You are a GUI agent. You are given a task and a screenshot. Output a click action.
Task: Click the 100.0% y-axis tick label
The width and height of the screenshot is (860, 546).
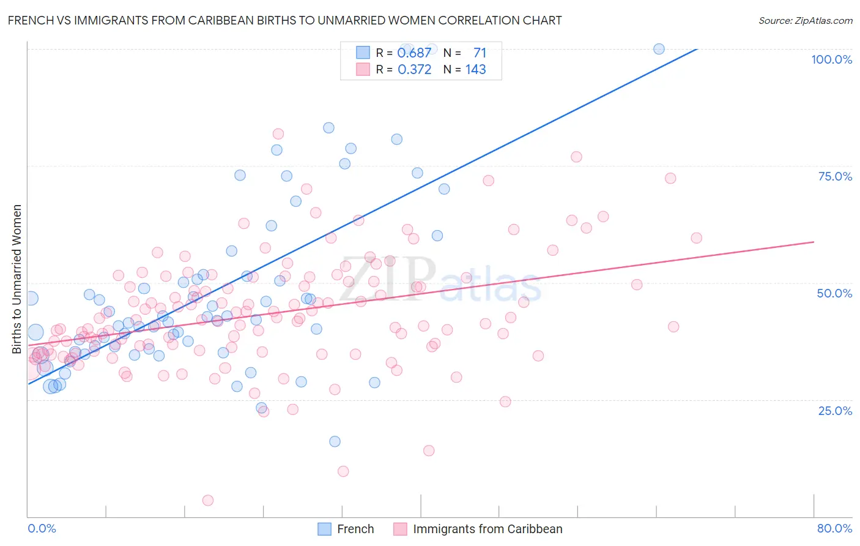click(831, 59)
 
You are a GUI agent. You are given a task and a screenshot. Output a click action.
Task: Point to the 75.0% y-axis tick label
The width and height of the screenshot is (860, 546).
click(835, 176)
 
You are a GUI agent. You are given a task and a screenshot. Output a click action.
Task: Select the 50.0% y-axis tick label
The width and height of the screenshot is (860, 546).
click(834, 293)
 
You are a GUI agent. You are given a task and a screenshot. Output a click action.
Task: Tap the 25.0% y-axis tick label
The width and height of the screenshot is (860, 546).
click(835, 410)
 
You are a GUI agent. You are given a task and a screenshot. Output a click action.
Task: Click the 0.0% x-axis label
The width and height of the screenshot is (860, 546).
click(42, 528)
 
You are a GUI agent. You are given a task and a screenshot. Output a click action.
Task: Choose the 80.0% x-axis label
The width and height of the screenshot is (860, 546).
click(834, 528)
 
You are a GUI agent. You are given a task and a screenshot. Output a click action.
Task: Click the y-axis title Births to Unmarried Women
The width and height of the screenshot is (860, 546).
click(17, 279)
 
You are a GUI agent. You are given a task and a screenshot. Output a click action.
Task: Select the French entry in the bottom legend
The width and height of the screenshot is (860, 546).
click(355, 529)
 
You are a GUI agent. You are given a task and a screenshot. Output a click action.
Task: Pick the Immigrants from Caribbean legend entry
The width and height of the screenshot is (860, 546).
click(487, 529)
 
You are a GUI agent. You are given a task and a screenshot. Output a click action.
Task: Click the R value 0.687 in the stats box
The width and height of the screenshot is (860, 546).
click(414, 53)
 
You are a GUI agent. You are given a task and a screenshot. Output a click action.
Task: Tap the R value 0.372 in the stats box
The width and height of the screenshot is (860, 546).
click(414, 69)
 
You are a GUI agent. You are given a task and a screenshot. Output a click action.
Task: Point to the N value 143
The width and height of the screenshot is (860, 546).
click(475, 69)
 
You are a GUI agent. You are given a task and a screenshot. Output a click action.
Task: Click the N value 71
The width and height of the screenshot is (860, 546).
click(480, 53)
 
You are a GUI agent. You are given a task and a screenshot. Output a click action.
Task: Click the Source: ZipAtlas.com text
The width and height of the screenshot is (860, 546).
click(805, 20)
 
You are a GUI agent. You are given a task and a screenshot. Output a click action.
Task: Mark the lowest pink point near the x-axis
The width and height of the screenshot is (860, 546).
click(208, 500)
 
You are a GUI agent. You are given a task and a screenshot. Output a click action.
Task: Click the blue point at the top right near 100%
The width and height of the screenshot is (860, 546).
click(659, 49)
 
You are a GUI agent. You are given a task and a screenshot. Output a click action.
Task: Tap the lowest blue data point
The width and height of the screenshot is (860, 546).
click(335, 441)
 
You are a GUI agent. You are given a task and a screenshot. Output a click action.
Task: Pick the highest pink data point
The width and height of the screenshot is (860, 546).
click(278, 134)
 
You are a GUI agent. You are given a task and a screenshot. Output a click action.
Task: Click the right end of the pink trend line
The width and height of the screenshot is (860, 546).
click(814, 242)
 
